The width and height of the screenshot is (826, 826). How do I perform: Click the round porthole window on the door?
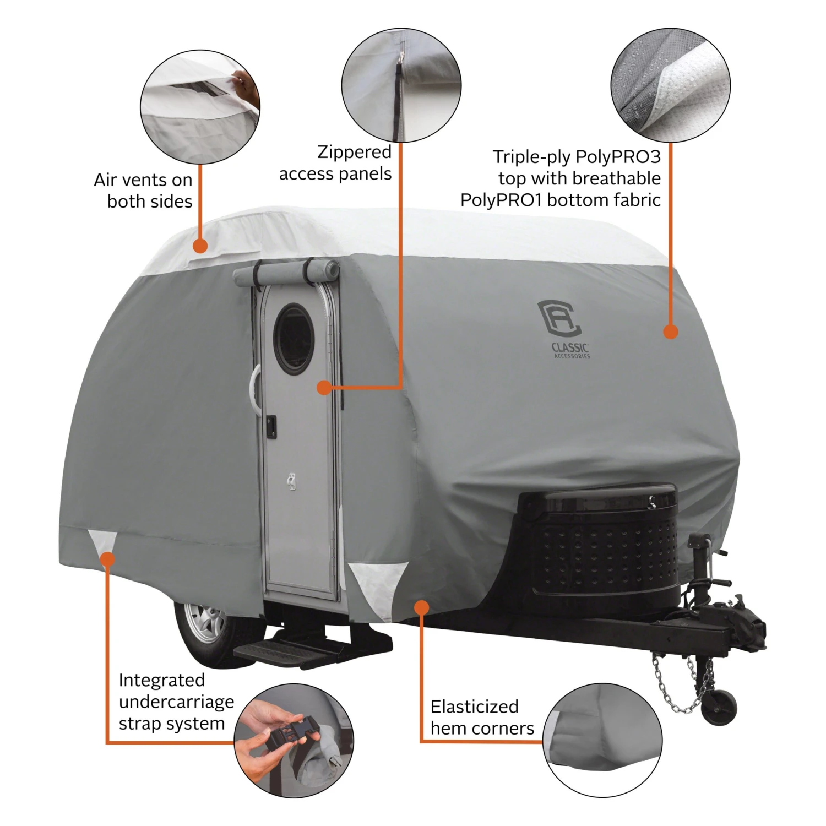[294, 338]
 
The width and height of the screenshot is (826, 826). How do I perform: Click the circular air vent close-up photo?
[200, 107]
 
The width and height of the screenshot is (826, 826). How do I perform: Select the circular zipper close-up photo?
[401, 85]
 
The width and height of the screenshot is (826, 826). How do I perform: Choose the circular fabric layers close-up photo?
[671, 85]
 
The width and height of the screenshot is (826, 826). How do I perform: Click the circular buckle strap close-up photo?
[294, 741]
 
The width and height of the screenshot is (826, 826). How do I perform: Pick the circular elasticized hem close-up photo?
[602, 741]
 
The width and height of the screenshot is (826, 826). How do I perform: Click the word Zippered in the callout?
[354, 152]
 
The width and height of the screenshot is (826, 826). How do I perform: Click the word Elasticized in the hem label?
[475, 707]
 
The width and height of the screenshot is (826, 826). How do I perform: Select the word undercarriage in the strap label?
[176, 703]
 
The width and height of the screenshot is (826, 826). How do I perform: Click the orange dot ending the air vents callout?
[200, 246]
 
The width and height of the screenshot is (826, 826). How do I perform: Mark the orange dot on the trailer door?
[324, 388]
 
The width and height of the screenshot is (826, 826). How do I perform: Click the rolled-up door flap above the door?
[286, 274]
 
